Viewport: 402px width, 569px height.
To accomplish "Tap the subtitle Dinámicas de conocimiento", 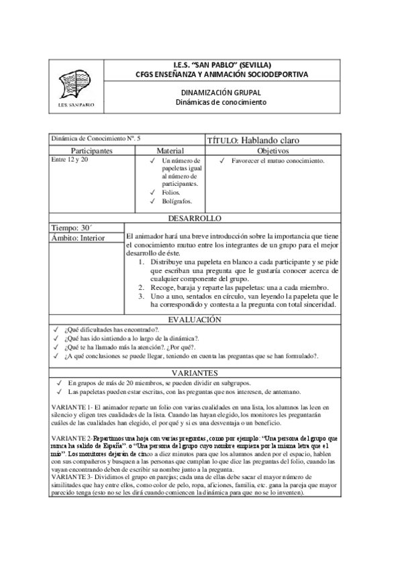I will click(x=217, y=103).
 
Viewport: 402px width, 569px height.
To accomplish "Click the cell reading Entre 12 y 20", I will click(x=70, y=161).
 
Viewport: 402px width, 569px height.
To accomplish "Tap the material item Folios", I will click(x=171, y=193).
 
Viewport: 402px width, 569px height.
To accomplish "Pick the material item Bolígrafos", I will click(x=177, y=201).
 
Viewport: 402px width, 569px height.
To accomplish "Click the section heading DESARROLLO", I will click(x=201, y=218).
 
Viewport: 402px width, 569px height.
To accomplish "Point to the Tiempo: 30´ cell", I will click(x=69, y=227).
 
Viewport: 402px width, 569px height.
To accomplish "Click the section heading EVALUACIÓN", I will click(x=201, y=320).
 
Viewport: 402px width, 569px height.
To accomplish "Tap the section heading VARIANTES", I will click(x=201, y=372).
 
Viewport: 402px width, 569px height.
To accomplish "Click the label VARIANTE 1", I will click(x=70, y=407).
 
